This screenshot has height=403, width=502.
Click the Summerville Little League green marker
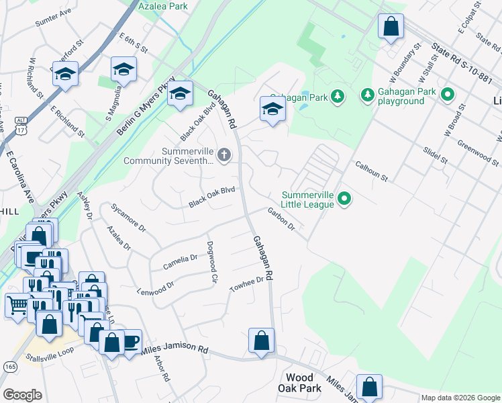(344, 198)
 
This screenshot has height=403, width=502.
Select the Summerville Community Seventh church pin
(223, 156)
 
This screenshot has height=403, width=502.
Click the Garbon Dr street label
(281, 218)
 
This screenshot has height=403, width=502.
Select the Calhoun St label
(372, 171)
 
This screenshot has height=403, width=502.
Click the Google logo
(22, 395)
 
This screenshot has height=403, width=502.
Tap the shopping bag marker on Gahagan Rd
(261, 340)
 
